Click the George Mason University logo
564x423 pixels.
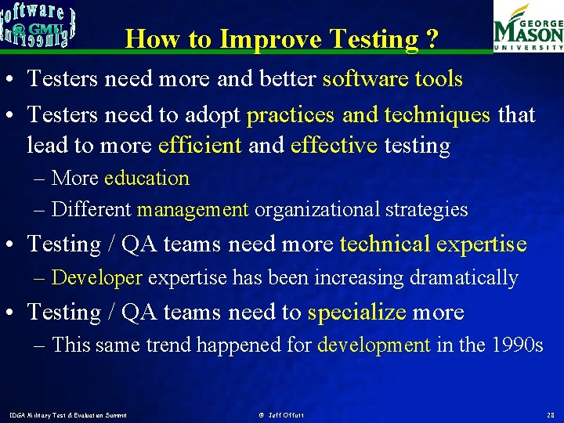coord(528,27)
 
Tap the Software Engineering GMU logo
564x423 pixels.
coord(38,24)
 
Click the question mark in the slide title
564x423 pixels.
coord(432,38)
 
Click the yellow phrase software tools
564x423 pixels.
coord(392,79)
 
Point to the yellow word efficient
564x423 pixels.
coord(200,146)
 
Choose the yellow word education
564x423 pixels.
coord(146,178)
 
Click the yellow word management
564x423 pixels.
coord(193,210)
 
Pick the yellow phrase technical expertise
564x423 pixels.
coord(433,244)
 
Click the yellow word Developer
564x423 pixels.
coord(96,278)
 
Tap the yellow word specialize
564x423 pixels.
coord(356,313)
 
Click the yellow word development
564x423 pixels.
coord(374,345)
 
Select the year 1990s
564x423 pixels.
coord(516,345)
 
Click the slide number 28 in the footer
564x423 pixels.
coord(551,414)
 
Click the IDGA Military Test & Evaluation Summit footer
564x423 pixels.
coord(67,414)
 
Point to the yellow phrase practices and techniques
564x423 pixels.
coord(368,115)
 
